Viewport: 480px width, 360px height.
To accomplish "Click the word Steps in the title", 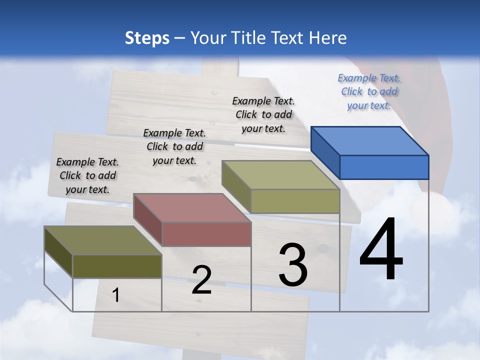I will (x=146, y=38).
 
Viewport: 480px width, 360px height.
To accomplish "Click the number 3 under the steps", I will (x=293, y=265).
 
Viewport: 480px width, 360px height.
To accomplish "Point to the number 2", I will (x=201, y=280).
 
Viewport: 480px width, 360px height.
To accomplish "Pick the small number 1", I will (x=115, y=295).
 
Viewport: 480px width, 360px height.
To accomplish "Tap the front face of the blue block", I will (x=384, y=167).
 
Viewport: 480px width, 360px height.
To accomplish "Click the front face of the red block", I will (x=206, y=234).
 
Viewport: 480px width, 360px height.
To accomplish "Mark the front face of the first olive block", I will (x=117, y=266).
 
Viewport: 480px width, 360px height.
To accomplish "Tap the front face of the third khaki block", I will (x=295, y=201).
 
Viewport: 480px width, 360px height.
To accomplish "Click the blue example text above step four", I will (x=369, y=91).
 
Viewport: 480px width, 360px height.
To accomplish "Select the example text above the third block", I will (x=263, y=114).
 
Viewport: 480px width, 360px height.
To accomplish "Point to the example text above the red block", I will (x=174, y=146).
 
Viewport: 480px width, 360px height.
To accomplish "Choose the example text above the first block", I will (x=87, y=175).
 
